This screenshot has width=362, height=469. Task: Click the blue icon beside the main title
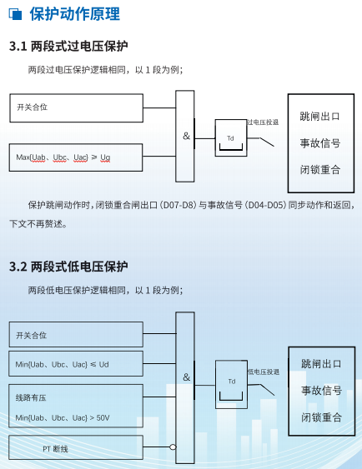(x=15, y=14)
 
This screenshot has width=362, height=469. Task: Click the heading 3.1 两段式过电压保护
(x=68, y=47)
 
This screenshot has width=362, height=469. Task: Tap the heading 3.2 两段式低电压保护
(x=68, y=267)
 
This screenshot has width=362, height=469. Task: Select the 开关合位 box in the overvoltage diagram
(x=77, y=108)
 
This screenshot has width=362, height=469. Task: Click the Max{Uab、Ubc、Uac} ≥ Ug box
(x=76, y=157)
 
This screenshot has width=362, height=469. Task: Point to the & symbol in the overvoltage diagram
(x=186, y=136)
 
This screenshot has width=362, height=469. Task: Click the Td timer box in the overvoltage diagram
(x=231, y=138)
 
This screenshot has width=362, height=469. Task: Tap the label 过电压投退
(x=263, y=122)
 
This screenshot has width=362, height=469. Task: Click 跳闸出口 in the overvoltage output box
(x=320, y=116)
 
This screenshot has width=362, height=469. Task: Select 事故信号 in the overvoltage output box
(x=320, y=143)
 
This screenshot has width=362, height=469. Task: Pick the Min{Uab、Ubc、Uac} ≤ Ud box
(x=76, y=364)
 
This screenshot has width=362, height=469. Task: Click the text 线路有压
(x=31, y=398)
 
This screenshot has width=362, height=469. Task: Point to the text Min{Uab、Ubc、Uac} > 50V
(x=63, y=417)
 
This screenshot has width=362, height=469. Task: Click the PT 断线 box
(x=76, y=447)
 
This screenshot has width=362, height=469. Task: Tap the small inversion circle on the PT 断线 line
(x=173, y=447)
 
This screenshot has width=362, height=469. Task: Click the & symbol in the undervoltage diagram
(x=186, y=377)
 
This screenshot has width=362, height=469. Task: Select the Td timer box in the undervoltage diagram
(x=231, y=384)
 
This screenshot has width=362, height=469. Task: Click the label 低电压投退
(x=264, y=372)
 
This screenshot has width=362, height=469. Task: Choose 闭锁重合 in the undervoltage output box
(x=321, y=417)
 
